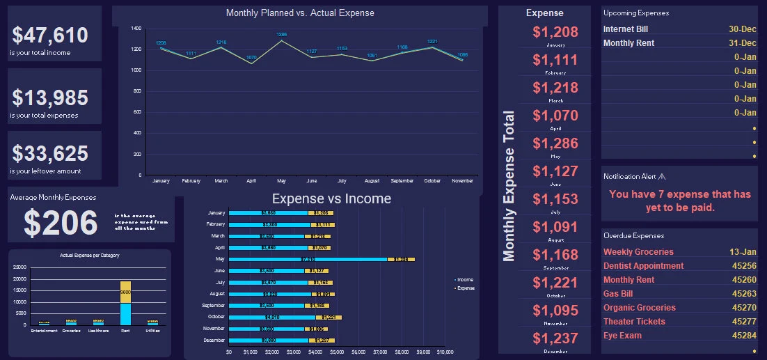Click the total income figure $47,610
[50, 36]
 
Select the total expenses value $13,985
[50, 97]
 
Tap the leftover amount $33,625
[50, 153]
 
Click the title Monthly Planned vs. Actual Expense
[300, 13]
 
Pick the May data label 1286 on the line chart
[282, 34]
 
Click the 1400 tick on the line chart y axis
[136, 29]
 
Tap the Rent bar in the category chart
[125, 304]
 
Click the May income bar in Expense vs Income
[308, 259]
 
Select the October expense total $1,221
[555, 283]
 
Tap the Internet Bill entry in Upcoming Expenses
[626, 29]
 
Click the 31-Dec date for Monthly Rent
[743, 43]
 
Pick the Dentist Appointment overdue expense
[644, 266]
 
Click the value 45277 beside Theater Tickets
[744, 322]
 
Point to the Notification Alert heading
[634, 177]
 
